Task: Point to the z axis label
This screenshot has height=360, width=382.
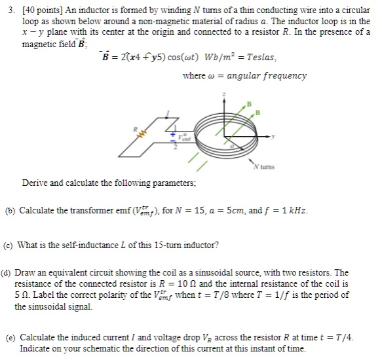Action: [225, 94]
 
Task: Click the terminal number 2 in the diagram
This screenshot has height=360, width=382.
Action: [175, 148]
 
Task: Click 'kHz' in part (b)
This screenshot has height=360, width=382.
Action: [297, 211]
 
